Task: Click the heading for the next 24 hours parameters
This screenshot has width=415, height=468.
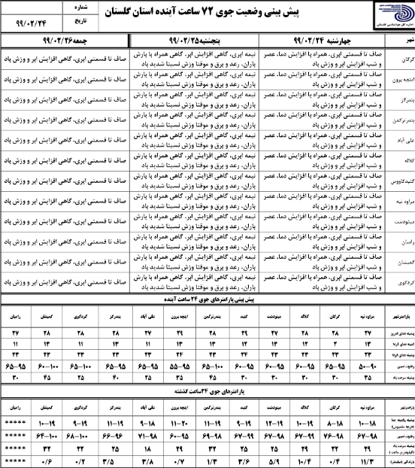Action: [x=207, y=300]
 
